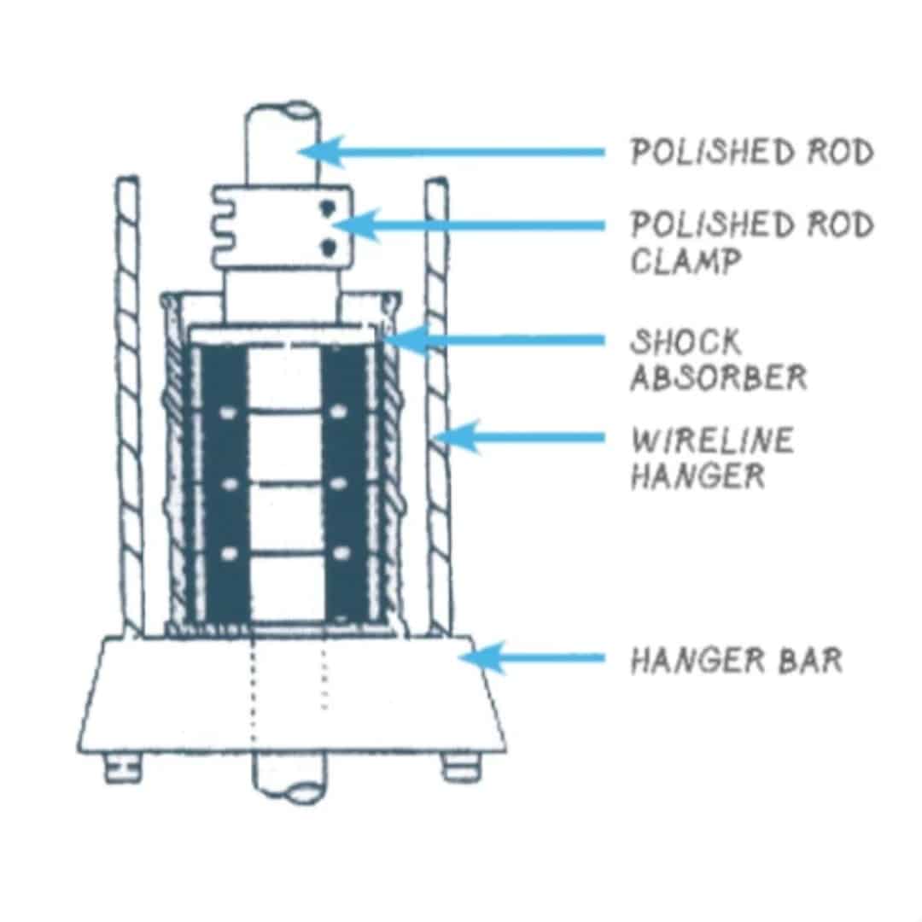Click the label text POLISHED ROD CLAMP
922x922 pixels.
(x=751, y=242)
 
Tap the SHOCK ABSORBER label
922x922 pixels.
(x=718, y=359)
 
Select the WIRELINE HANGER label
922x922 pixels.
(x=712, y=458)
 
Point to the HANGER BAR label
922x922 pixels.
(x=736, y=660)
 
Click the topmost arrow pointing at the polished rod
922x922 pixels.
(x=461, y=152)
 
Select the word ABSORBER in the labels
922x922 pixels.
(x=718, y=376)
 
